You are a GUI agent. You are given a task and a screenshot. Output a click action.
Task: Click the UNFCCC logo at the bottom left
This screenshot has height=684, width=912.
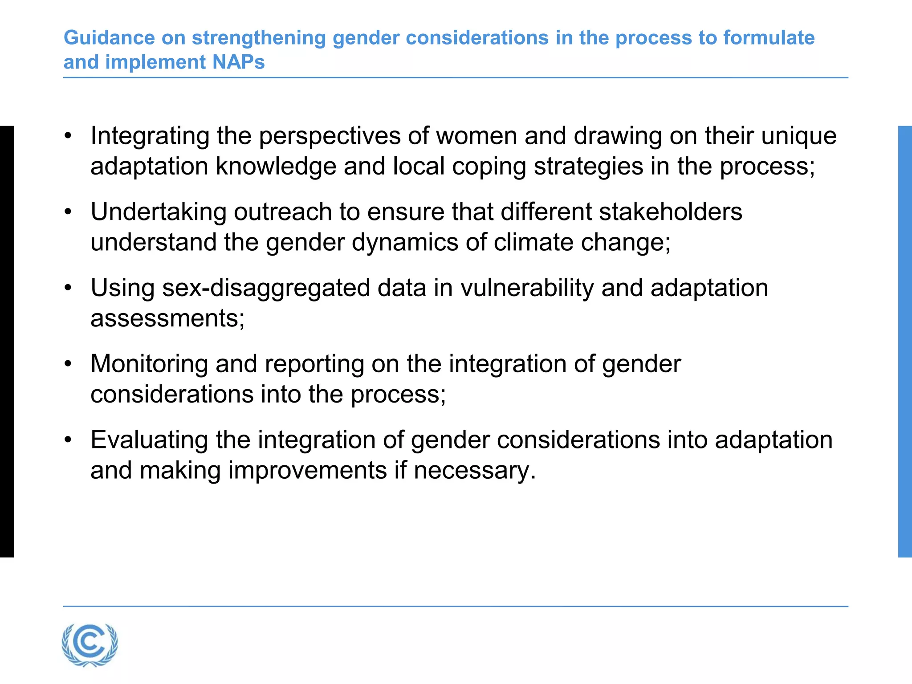coord(90,645)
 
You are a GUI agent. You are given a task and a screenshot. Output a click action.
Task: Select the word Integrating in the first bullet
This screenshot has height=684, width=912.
coord(150,136)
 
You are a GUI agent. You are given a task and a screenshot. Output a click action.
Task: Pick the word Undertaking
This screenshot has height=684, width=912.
coord(159,212)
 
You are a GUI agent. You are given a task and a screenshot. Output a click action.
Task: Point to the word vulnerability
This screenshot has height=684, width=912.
coord(527,288)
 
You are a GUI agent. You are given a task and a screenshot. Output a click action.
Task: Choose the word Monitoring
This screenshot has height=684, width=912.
coord(149,364)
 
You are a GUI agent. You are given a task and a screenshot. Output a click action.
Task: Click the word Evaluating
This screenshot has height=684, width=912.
coord(149,440)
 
